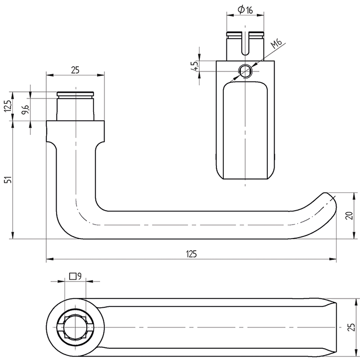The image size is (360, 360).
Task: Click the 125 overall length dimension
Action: click(192, 254)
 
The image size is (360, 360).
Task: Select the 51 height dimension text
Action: click(9, 180)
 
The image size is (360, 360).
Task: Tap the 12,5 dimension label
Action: click(8, 106)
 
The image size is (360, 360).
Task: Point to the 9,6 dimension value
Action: click(25, 109)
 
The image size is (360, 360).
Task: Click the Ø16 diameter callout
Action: click(245, 9)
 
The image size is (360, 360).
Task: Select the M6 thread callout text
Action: click(276, 44)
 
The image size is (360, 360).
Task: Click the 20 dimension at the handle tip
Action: click(349, 216)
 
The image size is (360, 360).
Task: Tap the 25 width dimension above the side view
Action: click(75, 70)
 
